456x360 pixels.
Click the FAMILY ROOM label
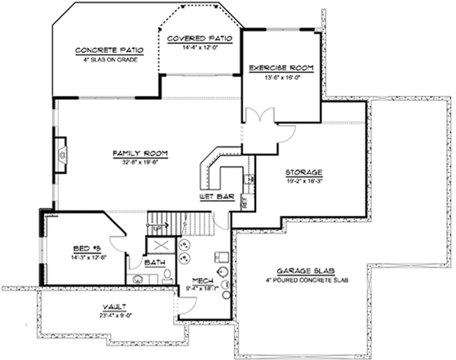(x=134, y=153)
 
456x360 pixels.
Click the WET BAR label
(x=217, y=197)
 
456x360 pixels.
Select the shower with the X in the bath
(x=155, y=245)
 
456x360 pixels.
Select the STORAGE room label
(x=304, y=171)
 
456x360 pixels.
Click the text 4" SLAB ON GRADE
(x=110, y=60)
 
